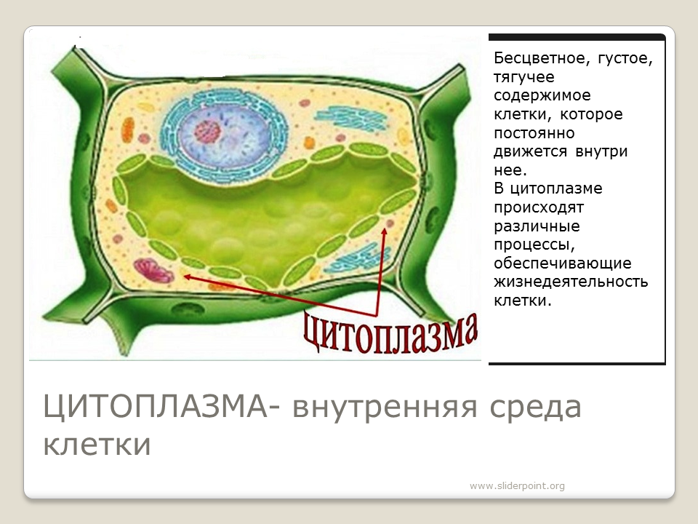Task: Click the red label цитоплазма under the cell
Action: point(390,334)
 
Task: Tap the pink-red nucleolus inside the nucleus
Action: point(207,132)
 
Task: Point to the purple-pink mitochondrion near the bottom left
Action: point(153,271)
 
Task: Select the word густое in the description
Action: point(625,59)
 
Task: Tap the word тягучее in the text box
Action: point(524,78)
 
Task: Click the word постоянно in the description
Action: point(534,133)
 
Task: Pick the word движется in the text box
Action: point(530,152)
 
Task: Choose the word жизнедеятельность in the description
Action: point(571,282)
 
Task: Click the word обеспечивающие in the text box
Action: point(563,263)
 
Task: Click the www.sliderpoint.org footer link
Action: point(517,485)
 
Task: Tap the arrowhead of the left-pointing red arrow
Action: point(187,277)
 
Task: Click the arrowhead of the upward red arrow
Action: point(384,231)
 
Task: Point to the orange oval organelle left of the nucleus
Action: point(128,130)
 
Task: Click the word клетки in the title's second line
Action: point(97,445)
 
